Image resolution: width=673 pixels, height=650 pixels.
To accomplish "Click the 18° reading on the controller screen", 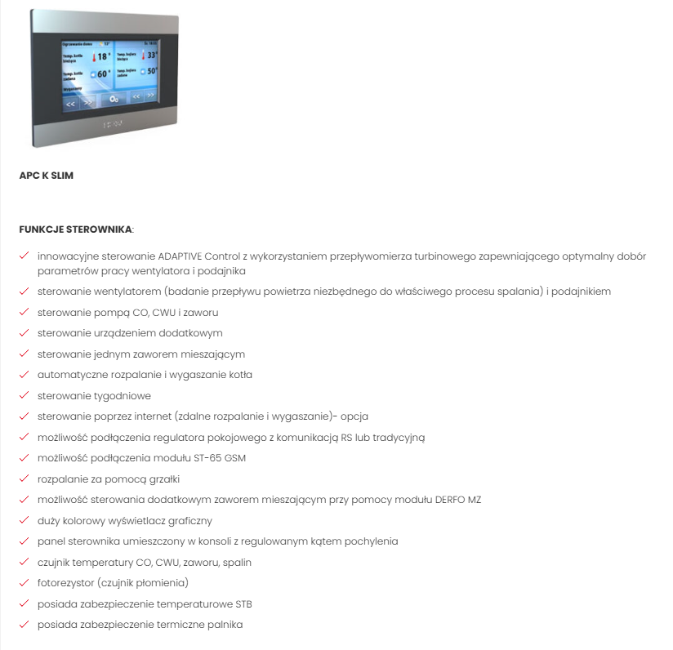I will (102, 57).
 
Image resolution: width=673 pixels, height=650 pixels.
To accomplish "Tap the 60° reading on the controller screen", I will (104, 74).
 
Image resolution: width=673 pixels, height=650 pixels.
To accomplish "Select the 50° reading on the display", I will (151, 72).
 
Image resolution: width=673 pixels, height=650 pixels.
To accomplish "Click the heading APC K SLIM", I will (47, 176).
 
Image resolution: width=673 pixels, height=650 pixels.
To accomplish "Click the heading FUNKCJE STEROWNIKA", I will (76, 229).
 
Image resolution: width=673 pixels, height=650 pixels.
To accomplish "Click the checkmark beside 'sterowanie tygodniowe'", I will (25, 395).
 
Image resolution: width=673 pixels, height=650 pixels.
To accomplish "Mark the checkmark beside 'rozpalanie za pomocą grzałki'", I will (25, 479).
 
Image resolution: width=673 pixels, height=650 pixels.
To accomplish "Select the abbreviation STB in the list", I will (243, 604).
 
